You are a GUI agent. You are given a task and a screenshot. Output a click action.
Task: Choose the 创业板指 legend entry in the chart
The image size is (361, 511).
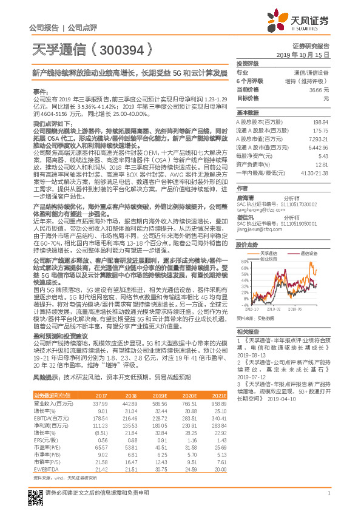[x=269, y=240]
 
